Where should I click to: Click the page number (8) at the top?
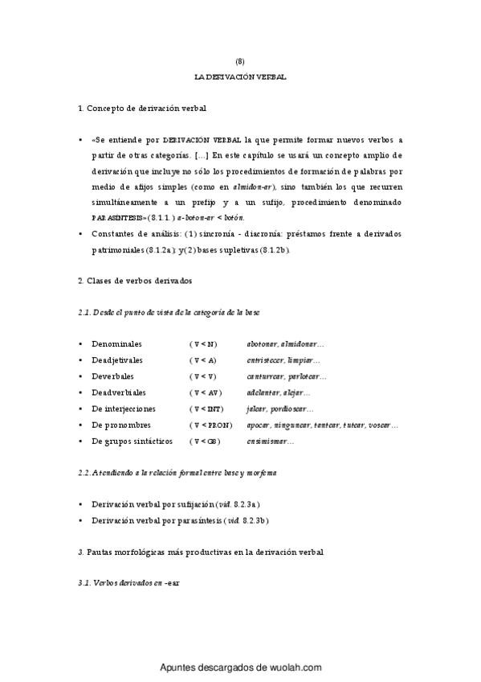point(240,61)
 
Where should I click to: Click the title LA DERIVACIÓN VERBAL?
point(240,76)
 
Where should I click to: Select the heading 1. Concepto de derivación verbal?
point(145,108)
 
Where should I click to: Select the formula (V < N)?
point(203,343)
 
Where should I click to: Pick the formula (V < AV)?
point(205,392)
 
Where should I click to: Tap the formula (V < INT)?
point(206,409)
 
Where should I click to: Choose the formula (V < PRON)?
point(211,425)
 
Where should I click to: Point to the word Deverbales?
point(113,376)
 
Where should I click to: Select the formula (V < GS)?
point(204,442)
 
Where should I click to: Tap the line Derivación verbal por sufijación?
point(153,503)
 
